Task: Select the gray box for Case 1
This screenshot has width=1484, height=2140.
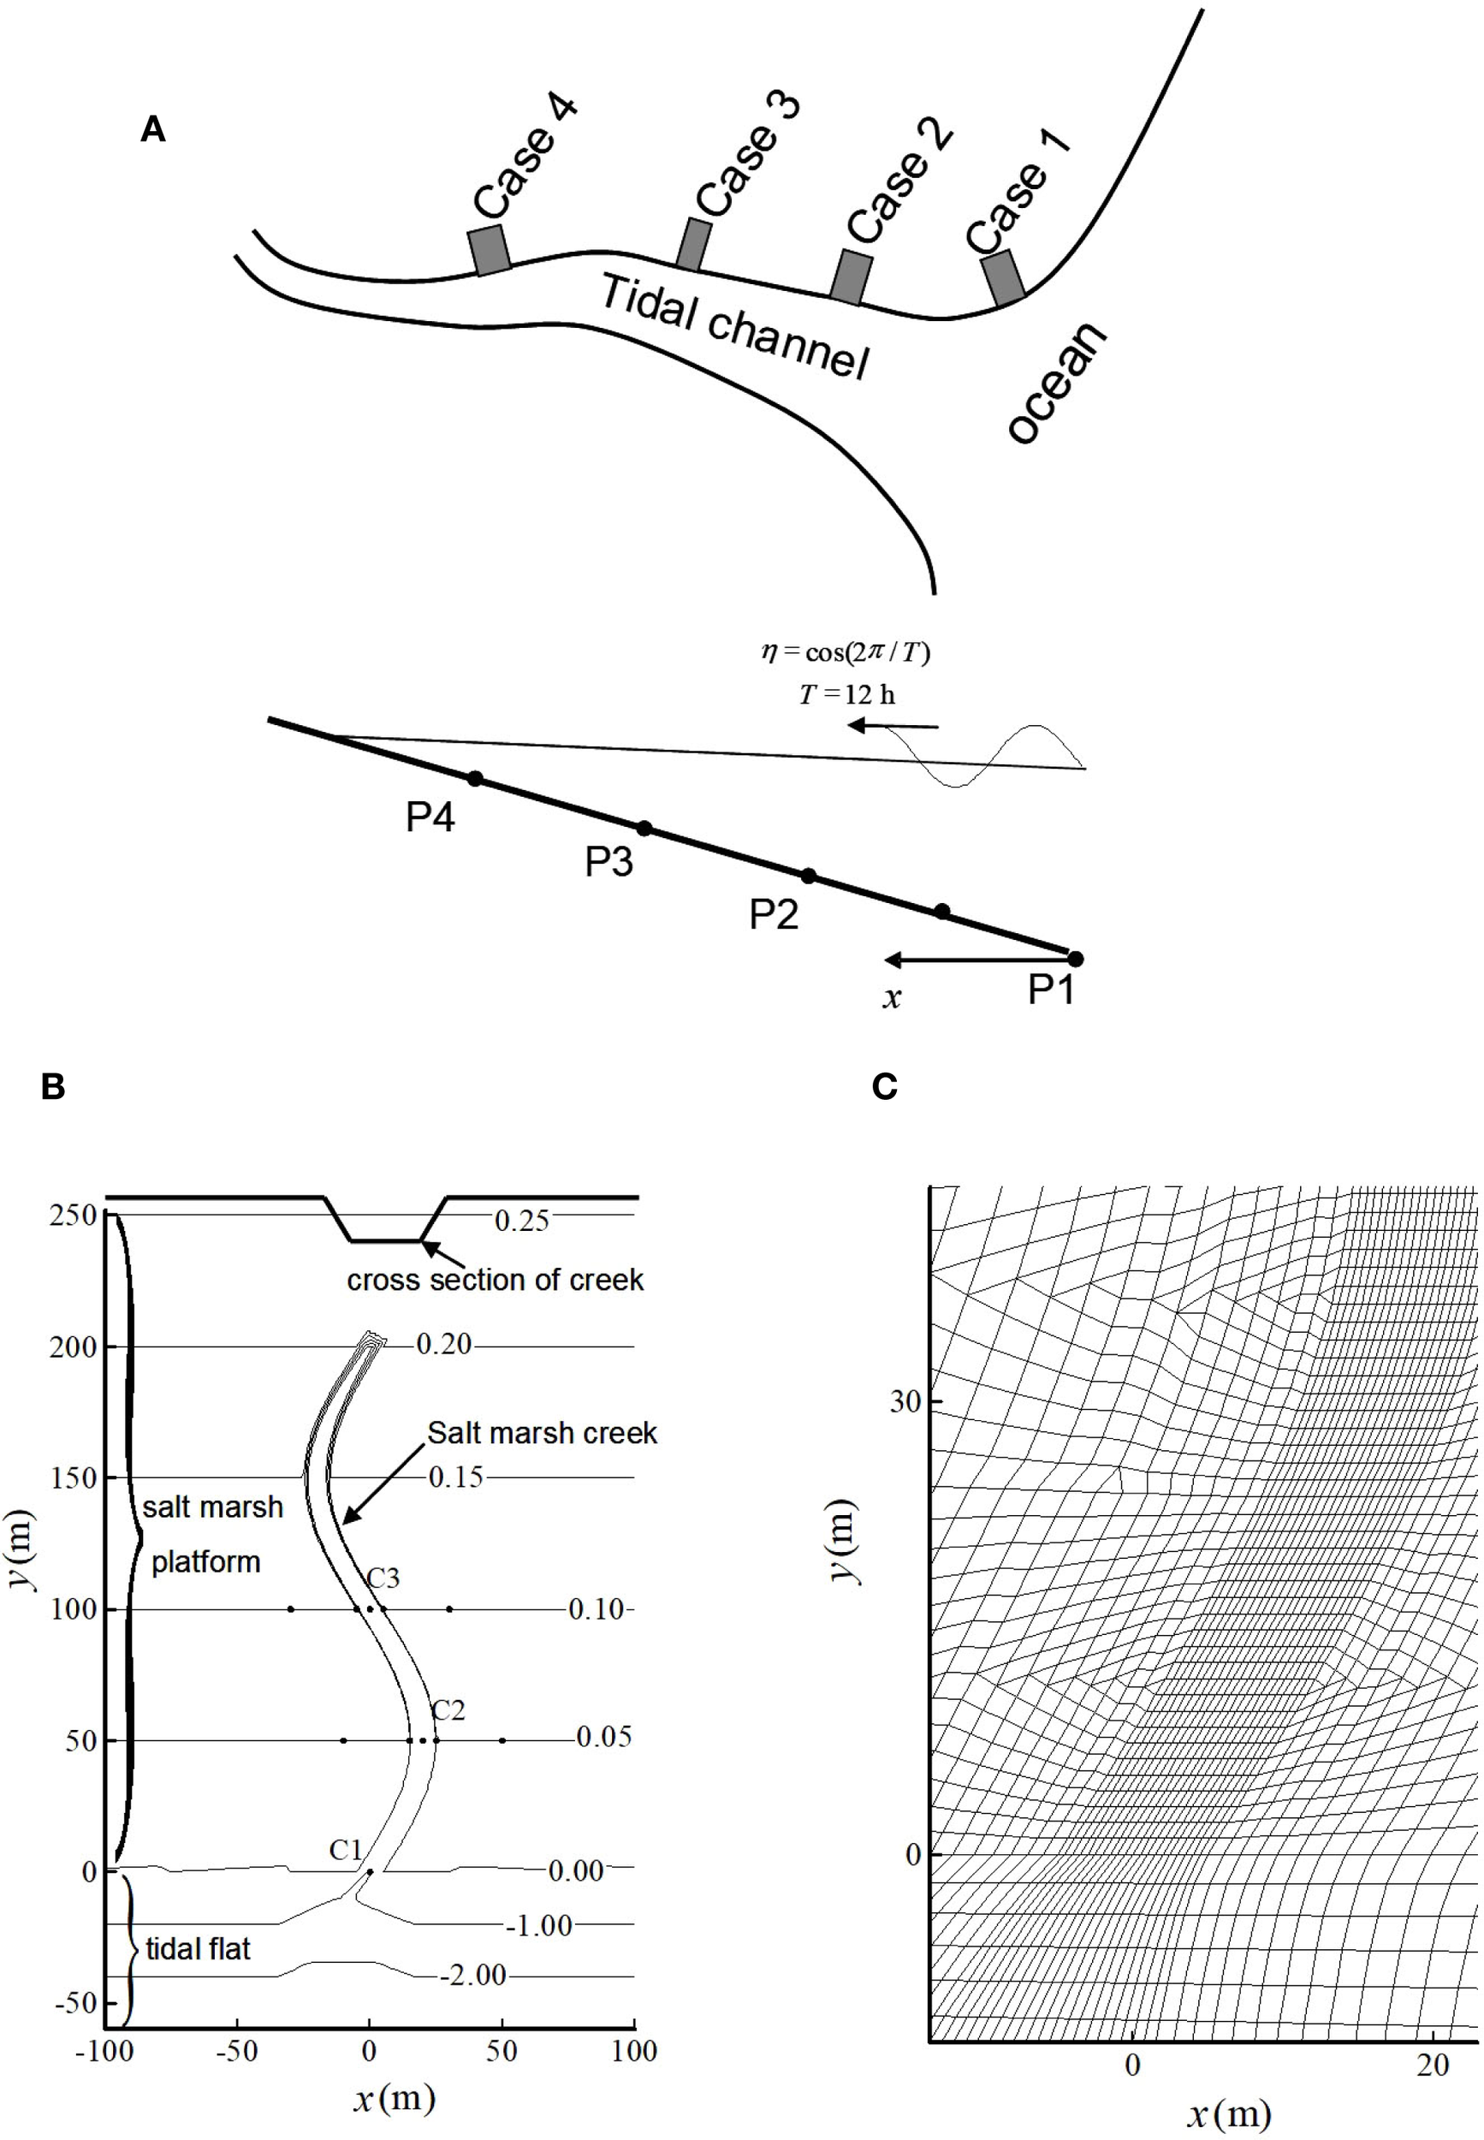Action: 1003,278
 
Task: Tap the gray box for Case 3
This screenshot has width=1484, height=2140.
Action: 692,245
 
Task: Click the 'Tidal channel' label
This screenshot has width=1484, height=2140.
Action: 733,326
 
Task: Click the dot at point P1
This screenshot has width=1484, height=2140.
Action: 1075,959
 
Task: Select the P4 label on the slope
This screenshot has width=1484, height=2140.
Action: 430,817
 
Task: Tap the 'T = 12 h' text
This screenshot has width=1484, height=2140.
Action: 847,695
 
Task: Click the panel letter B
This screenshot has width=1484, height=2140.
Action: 53,1085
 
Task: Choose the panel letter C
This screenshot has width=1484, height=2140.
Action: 884,1085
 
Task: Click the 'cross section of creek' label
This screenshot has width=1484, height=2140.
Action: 495,1280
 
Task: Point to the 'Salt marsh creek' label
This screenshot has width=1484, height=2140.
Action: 542,1433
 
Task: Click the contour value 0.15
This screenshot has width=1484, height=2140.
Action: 455,1477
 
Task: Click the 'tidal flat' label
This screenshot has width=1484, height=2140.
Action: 198,1948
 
